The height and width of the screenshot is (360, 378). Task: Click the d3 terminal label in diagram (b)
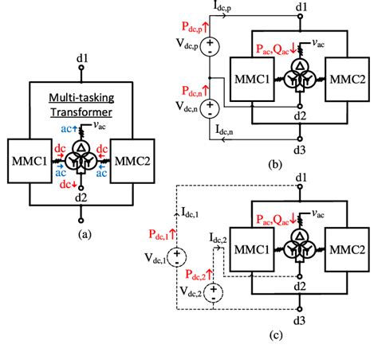pyautogui.click(x=300, y=148)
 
